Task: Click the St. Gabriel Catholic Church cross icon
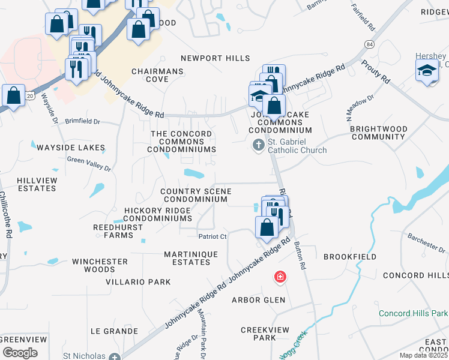tap(259, 145)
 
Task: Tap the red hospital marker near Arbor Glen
tap(280, 277)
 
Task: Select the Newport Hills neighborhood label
tap(215, 58)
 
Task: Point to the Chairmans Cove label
tap(158, 75)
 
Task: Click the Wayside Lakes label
tap(71, 148)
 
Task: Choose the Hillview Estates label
tap(37, 184)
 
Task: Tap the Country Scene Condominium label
tap(196, 195)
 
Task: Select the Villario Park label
tap(138, 282)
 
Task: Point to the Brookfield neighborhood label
tap(350, 257)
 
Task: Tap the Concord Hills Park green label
tap(413, 314)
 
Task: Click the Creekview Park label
tap(265, 334)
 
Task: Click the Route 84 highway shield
tap(368, 46)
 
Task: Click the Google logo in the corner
tap(20, 353)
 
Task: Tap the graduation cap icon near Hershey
tap(427, 71)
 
